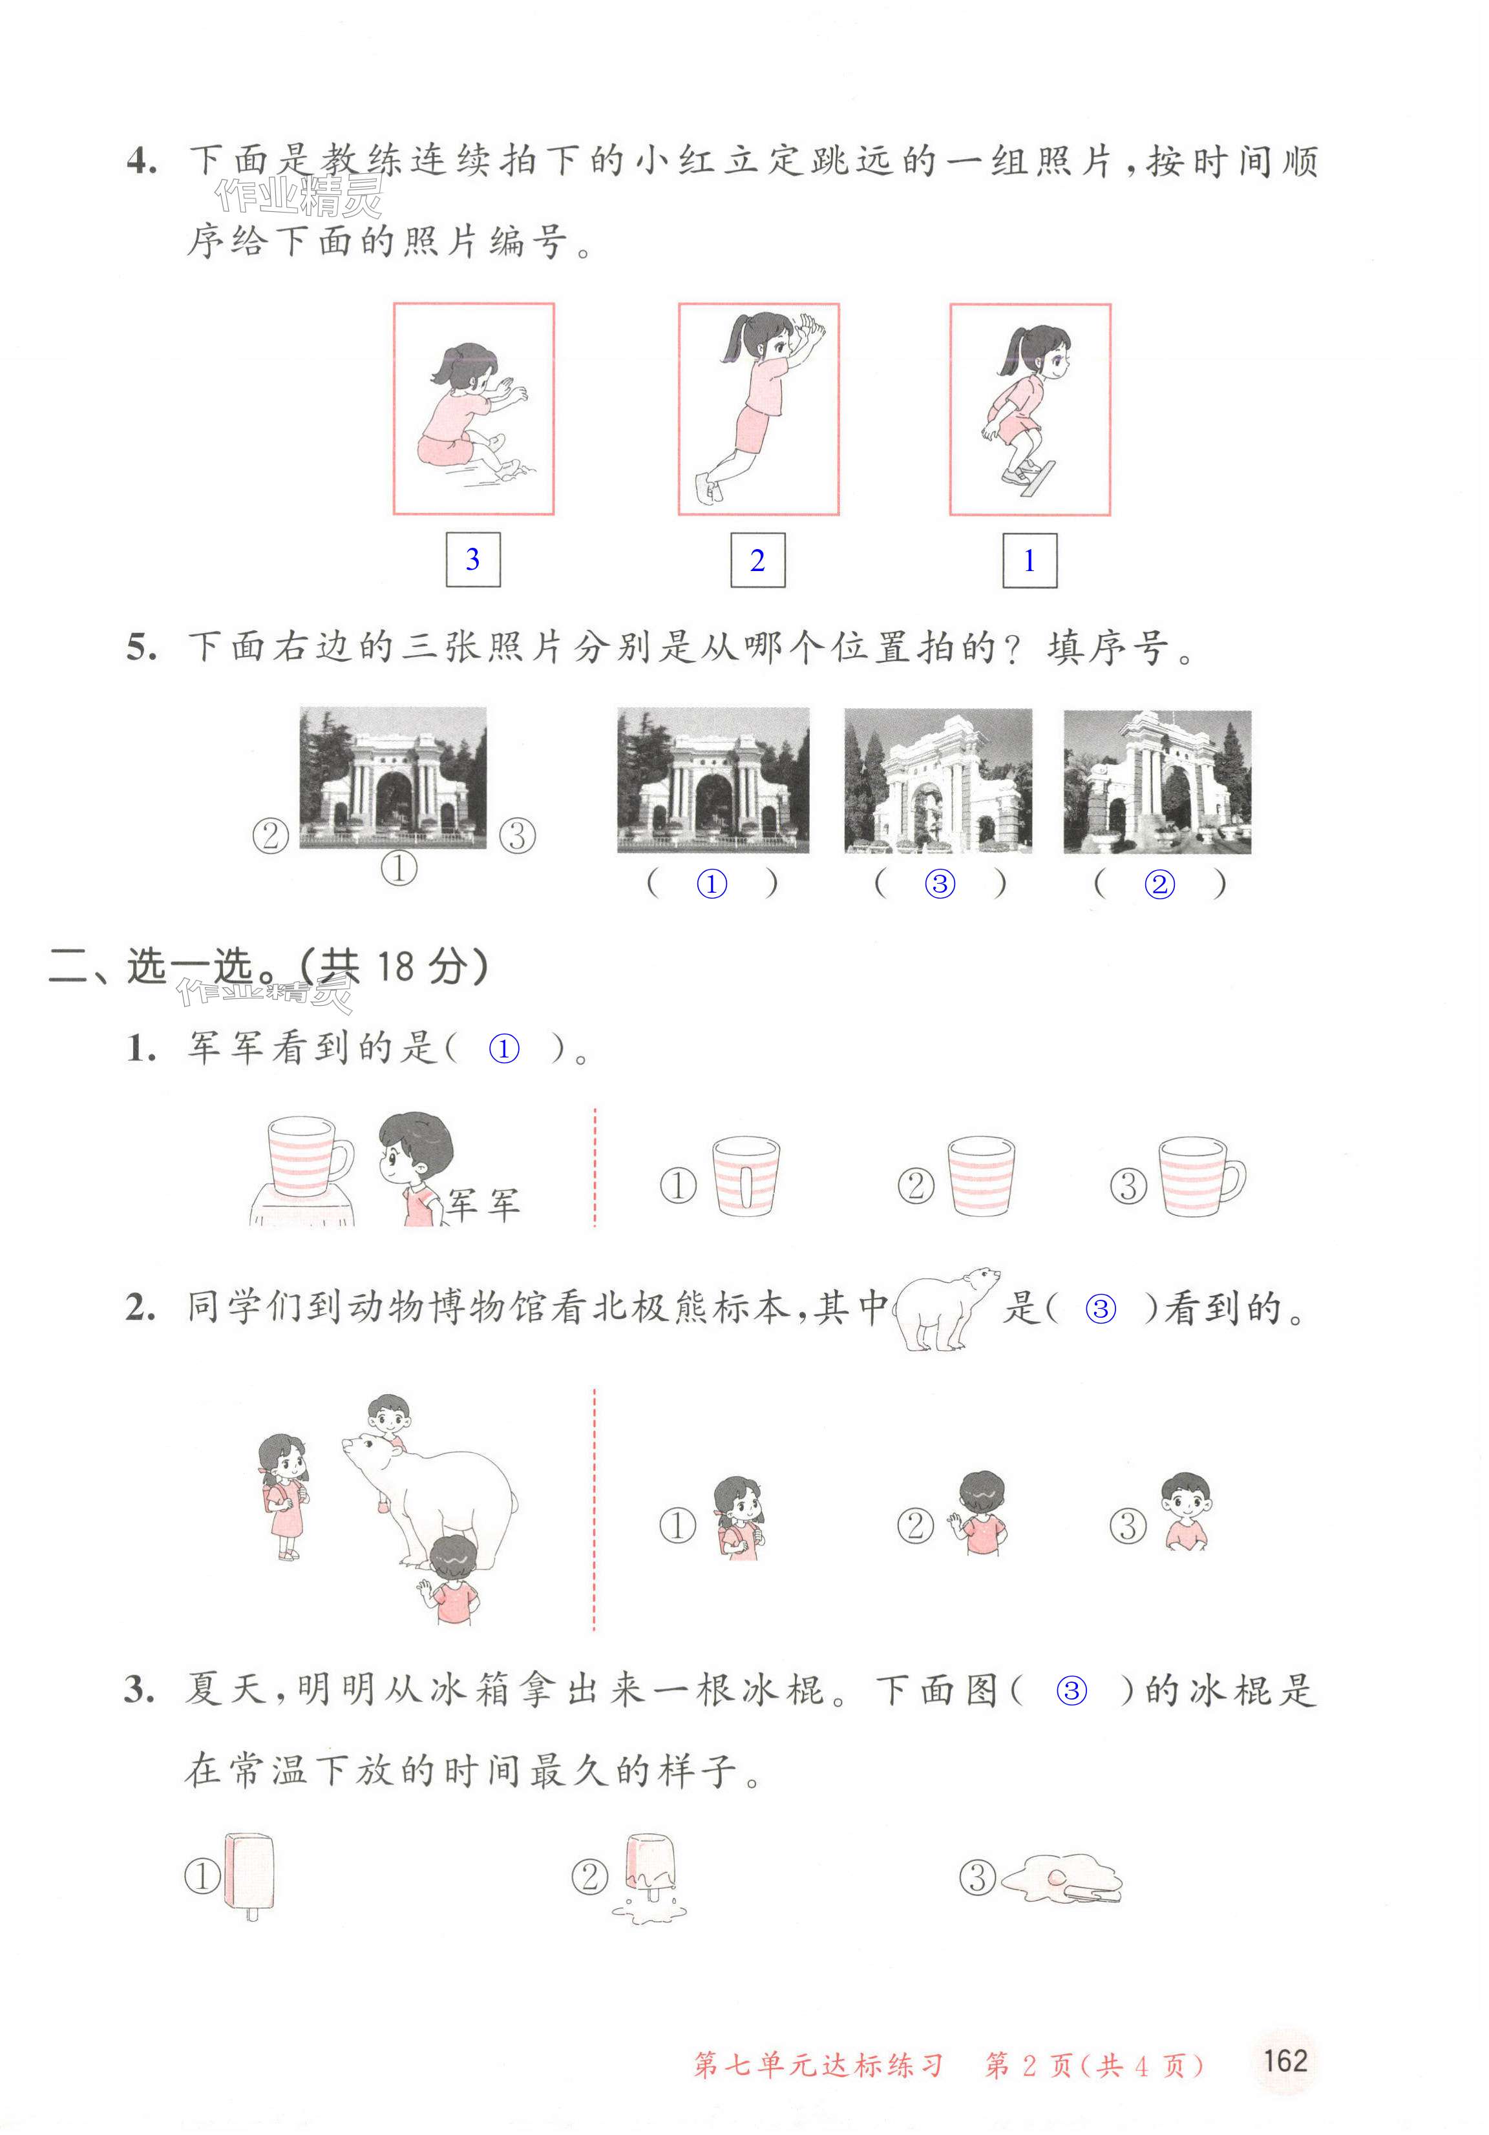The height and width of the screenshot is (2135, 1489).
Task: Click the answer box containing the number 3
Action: click(472, 560)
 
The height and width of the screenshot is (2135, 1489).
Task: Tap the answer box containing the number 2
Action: click(757, 560)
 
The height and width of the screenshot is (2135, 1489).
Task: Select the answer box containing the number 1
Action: click(1029, 561)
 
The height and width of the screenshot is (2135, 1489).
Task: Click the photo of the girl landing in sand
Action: click(474, 408)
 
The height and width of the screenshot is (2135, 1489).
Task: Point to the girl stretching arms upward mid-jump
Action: click(758, 408)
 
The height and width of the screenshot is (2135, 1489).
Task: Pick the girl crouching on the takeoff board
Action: click(1030, 409)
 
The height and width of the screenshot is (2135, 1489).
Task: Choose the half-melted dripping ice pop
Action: click(649, 1877)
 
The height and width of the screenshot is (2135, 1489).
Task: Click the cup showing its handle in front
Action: click(746, 1177)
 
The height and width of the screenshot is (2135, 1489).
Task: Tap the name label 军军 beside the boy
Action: click(483, 1204)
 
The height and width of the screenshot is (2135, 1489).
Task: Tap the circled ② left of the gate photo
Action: click(271, 835)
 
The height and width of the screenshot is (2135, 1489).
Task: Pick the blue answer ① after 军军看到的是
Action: click(504, 1049)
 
